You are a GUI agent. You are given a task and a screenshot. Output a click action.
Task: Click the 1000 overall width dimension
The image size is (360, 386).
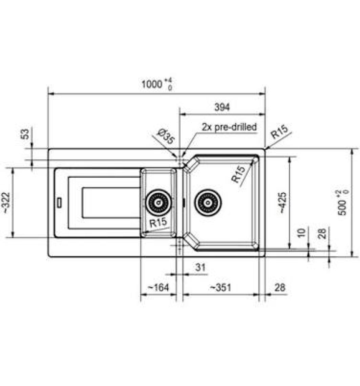tap(157, 84)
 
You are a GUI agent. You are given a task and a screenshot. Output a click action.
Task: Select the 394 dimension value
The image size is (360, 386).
tap(222, 107)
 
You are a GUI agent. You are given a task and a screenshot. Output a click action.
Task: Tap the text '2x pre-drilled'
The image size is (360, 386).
tap(229, 127)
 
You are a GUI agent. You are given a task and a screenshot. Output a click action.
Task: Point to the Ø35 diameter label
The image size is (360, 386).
tap(166, 136)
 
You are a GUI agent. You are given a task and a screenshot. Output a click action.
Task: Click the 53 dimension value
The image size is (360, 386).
tap(25, 134)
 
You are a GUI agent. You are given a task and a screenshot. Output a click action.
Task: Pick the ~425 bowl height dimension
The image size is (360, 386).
tap(283, 203)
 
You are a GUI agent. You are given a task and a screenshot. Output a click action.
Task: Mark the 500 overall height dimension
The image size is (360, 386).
tap(343, 203)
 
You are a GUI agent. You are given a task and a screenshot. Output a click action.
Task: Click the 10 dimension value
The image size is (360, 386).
tap(301, 233)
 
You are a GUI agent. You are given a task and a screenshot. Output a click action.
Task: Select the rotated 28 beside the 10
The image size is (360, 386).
tap(322, 233)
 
